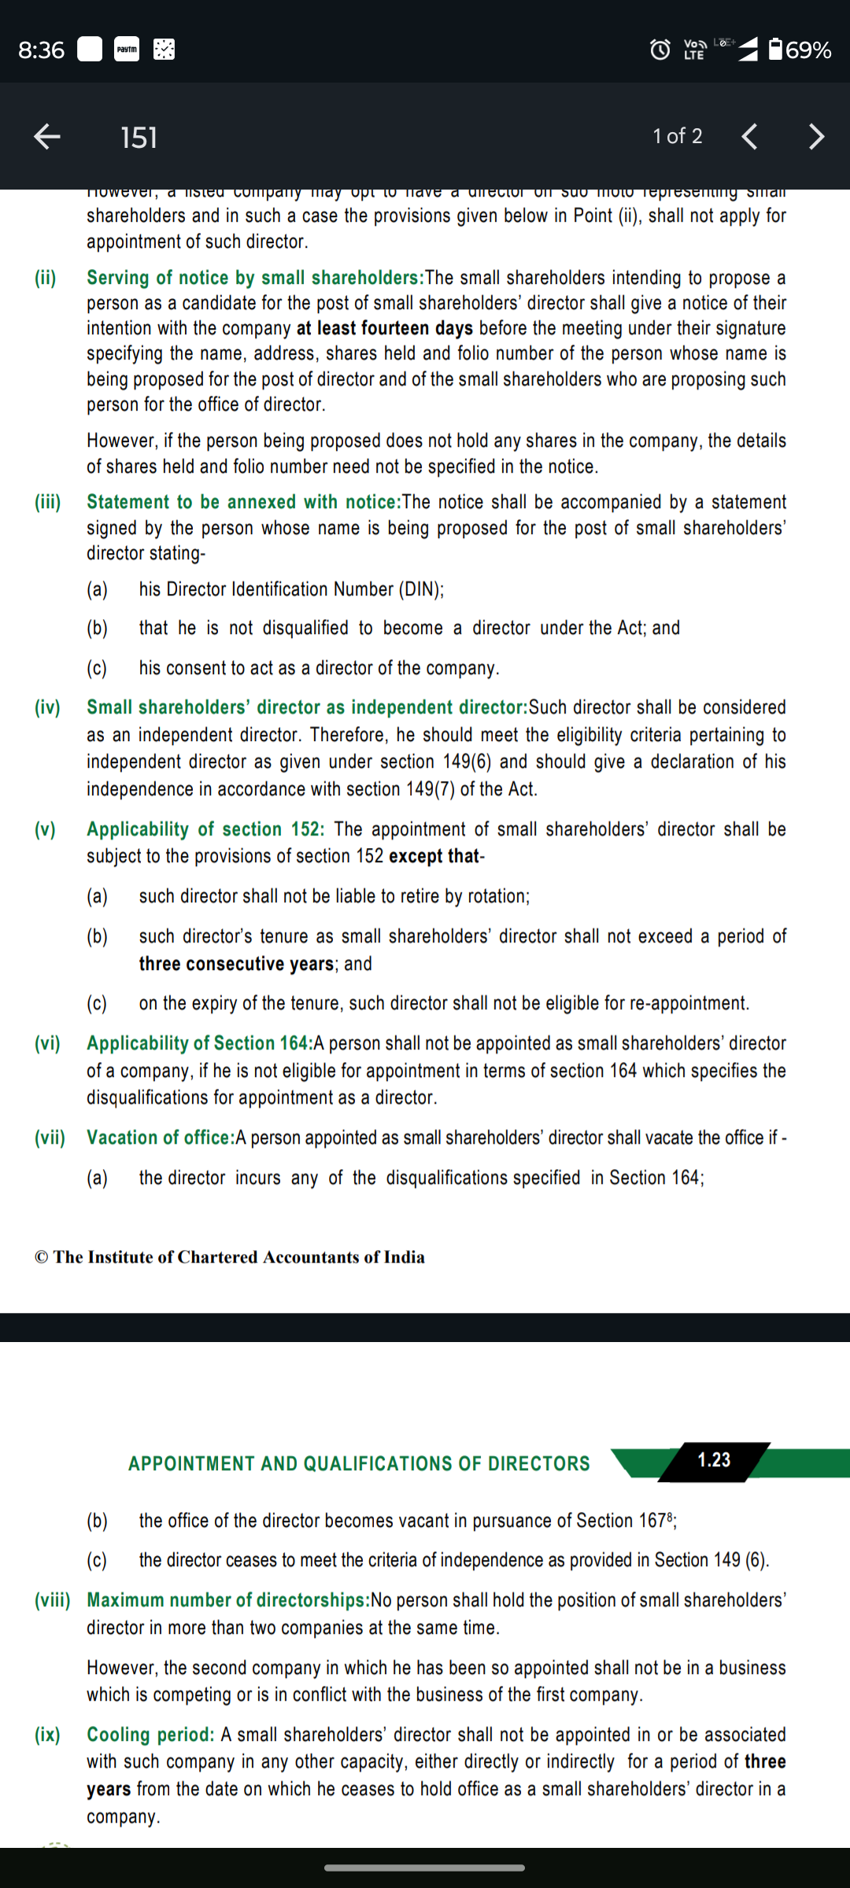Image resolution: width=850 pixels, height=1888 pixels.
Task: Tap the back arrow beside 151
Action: pos(47,137)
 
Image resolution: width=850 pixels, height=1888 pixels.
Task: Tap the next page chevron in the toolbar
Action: pos(816,137)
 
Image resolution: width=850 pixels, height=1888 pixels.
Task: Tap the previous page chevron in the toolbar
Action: pos(750,137)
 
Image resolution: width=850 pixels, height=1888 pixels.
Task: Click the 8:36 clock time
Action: pos(41,50)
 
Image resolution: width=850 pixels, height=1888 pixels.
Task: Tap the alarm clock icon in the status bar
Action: pos(660,50)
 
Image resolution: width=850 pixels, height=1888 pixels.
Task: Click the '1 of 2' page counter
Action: pos(677,136)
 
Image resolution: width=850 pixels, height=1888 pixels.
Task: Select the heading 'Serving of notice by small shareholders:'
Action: pos(255,278)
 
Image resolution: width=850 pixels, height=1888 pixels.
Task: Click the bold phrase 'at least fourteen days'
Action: pos(384,328)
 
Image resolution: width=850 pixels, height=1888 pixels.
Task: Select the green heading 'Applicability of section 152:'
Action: pos(205,829)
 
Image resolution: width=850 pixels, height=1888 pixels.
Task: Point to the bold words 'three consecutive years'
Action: pos(236,964)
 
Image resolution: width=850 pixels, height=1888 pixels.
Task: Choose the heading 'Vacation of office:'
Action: pos(161,1138)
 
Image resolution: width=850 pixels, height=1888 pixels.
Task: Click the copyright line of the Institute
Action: pos(230,1257)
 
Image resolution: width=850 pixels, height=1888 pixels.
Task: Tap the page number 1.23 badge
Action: pos(714,1460)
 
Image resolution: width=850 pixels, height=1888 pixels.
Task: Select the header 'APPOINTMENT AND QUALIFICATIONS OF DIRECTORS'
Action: pos(359,1463)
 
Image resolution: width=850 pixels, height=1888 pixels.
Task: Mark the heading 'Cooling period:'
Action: pos(150,1735)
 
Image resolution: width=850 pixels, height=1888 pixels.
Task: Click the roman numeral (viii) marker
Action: pos(52,1600)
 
